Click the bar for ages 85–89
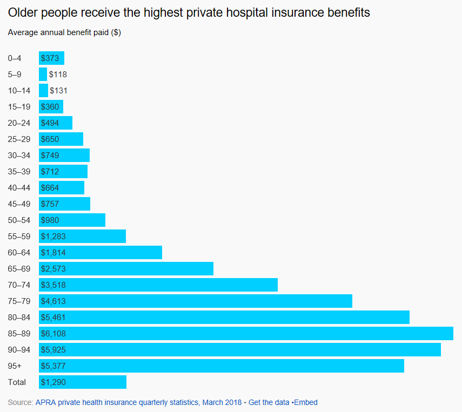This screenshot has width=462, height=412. [246, 334]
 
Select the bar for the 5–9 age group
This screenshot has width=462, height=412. [43, 75]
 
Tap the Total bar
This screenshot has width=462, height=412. [83, 382]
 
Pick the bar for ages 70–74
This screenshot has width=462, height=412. [158, 285]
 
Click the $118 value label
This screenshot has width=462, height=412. [58, 75]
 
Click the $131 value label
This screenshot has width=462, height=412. [58, 91]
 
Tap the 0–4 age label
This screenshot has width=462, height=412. [15, 58]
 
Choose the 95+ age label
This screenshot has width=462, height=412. [15, 366]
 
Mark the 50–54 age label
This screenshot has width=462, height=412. [19, 220]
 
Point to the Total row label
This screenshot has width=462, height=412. [17, 382]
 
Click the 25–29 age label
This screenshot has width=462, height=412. [19, 139]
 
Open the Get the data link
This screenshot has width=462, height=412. [269, 402]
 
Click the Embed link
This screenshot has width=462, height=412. [306, 402]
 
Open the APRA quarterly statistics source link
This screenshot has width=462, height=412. [138, 402]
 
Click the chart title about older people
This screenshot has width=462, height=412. [189, 12]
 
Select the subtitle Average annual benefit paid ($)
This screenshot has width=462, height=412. [64, 32]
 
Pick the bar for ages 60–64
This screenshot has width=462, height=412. [101, 253]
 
